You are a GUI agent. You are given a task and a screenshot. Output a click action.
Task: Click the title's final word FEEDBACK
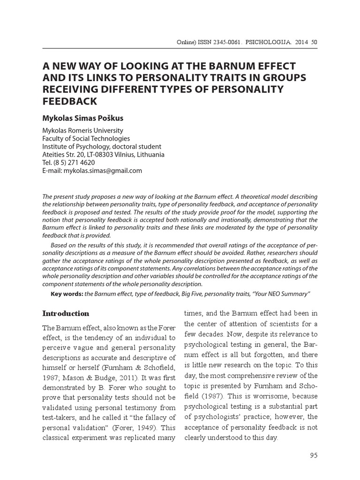click(69, 101)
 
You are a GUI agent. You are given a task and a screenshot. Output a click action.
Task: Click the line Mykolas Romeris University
click(83, 131)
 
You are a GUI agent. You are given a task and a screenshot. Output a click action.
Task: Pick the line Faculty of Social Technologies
click(86, 139)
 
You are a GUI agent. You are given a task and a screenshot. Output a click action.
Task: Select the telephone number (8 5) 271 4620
click(75, 163)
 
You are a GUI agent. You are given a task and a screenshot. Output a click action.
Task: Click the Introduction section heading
click(66, 314)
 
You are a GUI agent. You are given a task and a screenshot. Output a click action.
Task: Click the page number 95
click(314, 455)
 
